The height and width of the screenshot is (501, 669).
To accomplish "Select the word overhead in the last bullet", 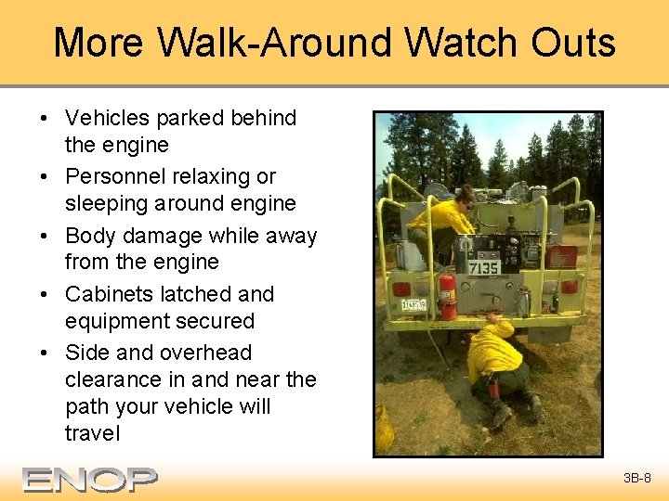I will point(205,353).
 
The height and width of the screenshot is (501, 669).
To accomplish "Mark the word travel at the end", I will point(93,433).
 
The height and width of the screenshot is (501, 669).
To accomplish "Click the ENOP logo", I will point(90,480).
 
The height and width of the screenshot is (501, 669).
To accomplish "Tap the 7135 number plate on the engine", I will point(484,268).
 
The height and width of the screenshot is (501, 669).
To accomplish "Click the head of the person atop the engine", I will point(466,194).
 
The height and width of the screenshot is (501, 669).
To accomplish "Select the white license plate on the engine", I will point(413,304).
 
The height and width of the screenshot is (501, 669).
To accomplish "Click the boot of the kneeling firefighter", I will point(502,414).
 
